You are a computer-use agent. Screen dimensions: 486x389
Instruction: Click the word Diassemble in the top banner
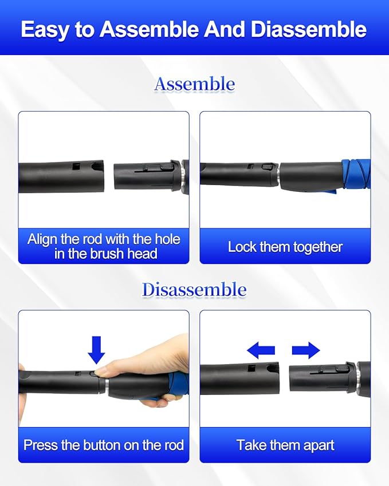coord(309,29)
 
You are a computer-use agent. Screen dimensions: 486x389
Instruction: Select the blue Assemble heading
coord(194,85)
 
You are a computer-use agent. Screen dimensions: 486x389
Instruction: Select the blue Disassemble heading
coord(194,290)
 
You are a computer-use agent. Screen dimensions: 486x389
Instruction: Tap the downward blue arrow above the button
coord(96,350)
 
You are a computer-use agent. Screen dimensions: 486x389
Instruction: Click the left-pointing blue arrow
coord(261,350)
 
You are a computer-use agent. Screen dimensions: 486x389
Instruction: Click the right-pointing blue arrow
coord(305,350)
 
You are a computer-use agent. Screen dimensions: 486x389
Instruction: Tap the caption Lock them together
coord(285,247)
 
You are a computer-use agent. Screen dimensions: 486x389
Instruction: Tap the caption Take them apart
coord(285,445)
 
